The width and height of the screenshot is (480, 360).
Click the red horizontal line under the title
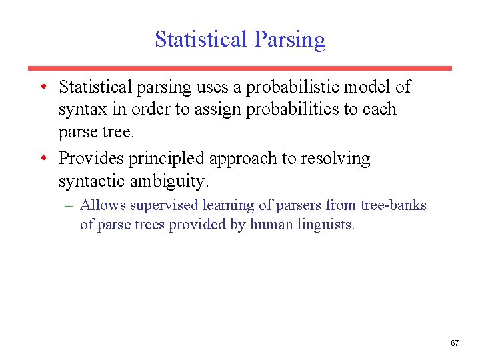coord(239,68)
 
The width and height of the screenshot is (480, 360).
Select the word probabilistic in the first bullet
coord(303,87)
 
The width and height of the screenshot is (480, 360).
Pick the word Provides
coord(87,159)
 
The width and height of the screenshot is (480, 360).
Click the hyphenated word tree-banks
coord(394,205)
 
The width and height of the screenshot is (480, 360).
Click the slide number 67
coord(455,343)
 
